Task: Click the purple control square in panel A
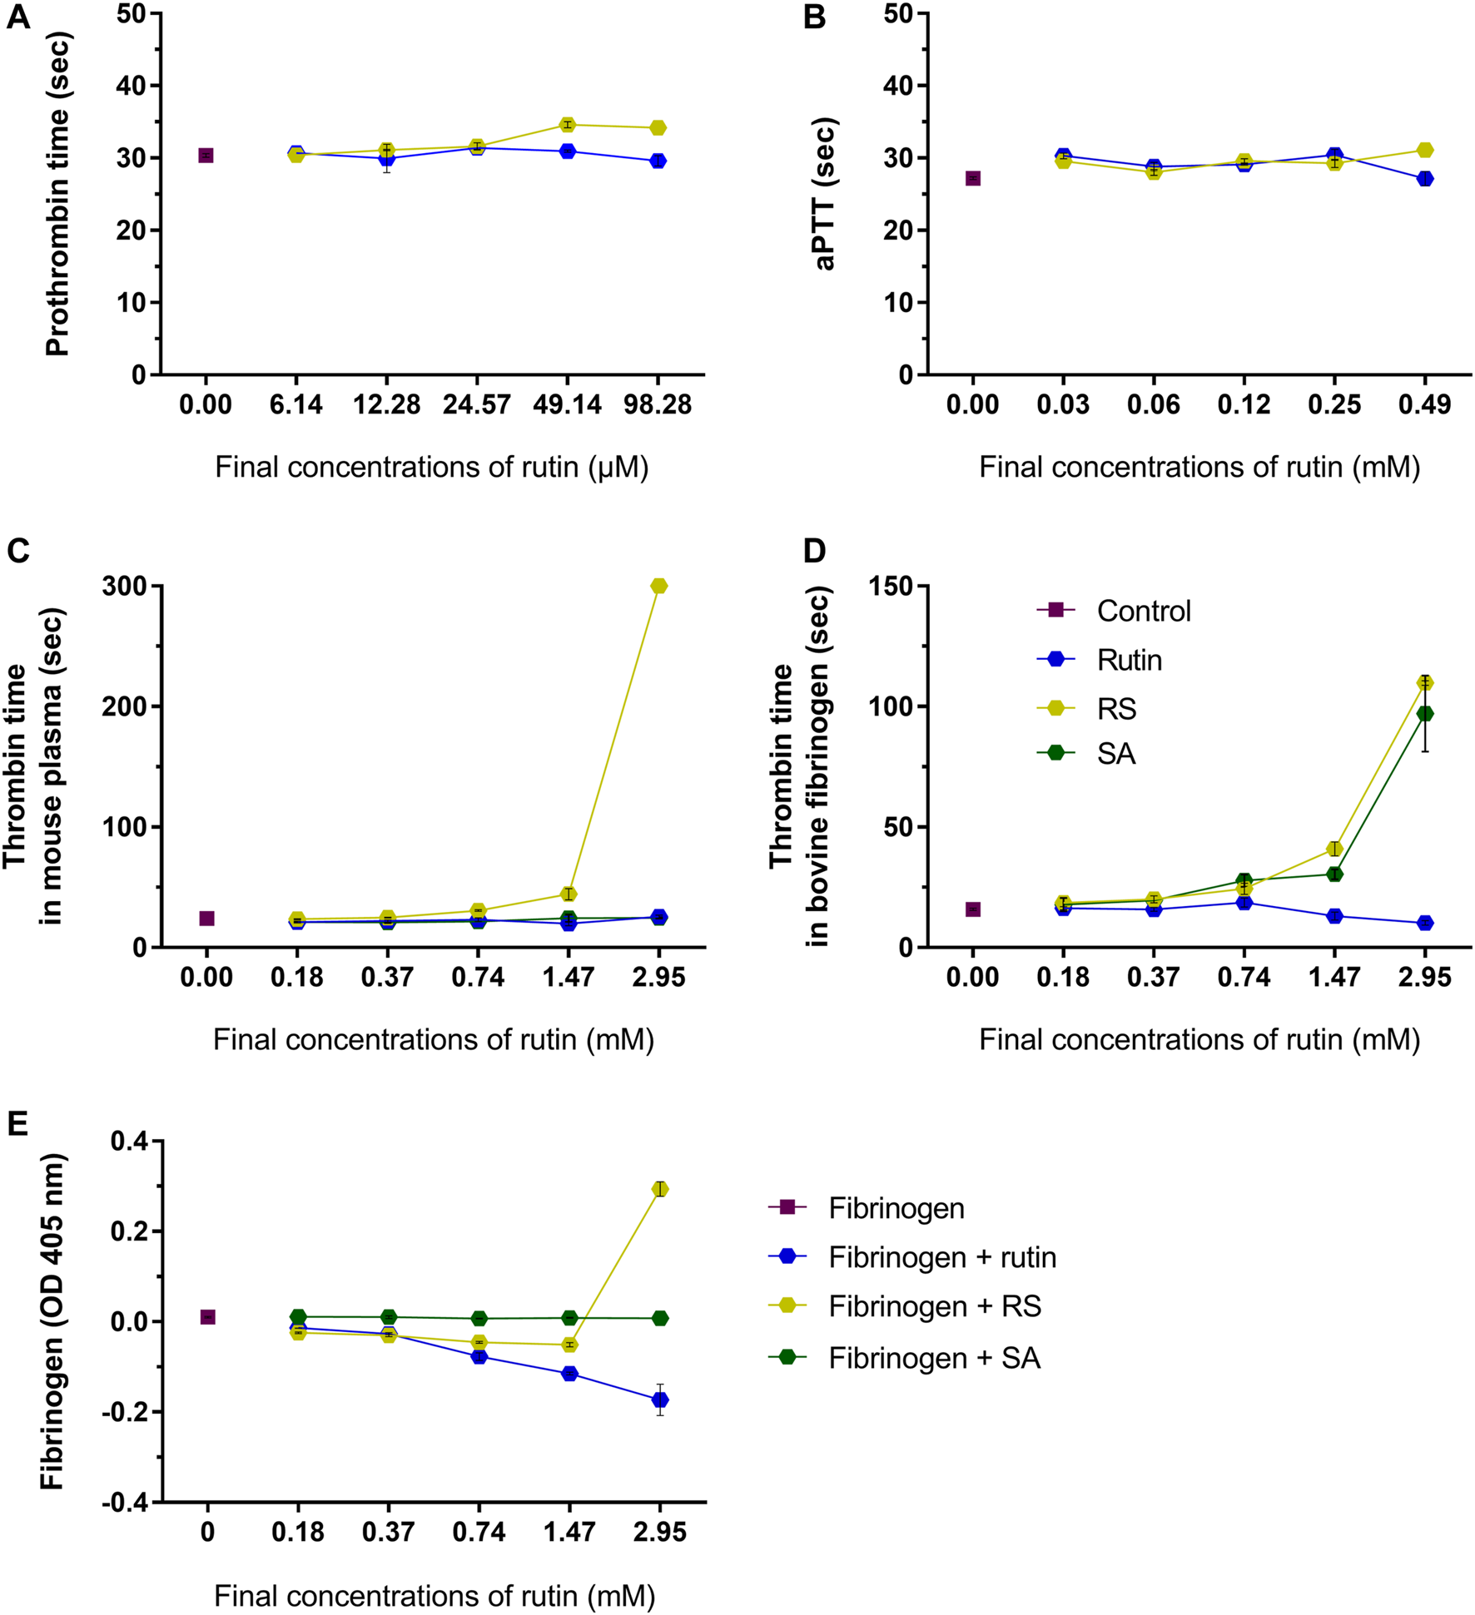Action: pyautogui.click(x=206, y=156)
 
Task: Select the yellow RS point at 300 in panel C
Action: pyautogui.click(x=658, y=586)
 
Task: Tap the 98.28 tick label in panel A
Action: pyautogui.click(x=658, y=405)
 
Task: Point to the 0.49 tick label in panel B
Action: pyautogui.click(x=1424, y=405)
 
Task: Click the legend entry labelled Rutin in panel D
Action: pyautogui.click(x=1129, y=660)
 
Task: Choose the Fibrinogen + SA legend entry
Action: pyautogui.click(x=934, y=1358)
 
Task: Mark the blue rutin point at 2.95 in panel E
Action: pyautogui.click(x=659, y=1400)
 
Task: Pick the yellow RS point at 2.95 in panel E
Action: pyautogui.click(x=659, y=1189)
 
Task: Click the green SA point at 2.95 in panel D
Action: pyautogui.click(x=1424, y=714)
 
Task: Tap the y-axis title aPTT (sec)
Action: pyautogui.click(x=825, y=193)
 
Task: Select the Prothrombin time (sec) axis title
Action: pyautogui.click(x=57, y=193)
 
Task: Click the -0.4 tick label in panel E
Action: pyautogui.click(x=125, y=1502)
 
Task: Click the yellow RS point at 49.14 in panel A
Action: pyautogui.click(x=568, y=125)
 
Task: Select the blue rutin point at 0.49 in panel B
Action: pyautogui.click(x=1424, y=178)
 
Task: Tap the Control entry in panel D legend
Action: pyautogui.click(x=1143, y=611)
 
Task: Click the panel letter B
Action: pyautogui.click(x=814, y=17)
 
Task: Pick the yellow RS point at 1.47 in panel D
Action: pyautogui.click(x=1333, y=849)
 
